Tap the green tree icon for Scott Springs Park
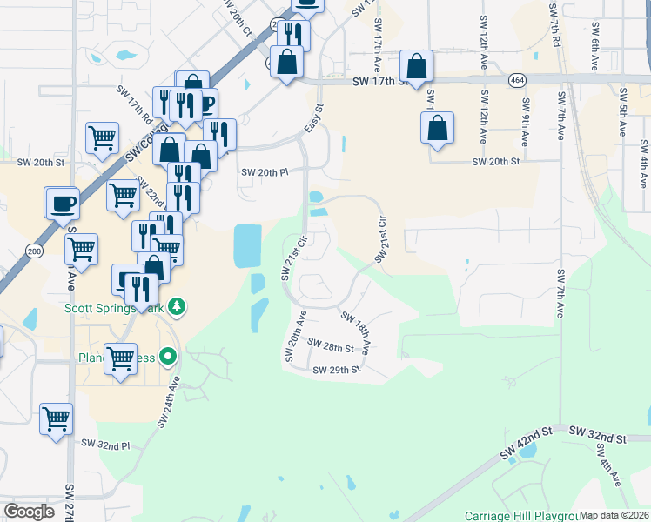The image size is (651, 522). click(x=178, y=306)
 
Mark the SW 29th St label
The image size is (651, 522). click(x=338, y=370)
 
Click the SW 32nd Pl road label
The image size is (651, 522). click(x=105, y=444)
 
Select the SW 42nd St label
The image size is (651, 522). click(x=527, y=443)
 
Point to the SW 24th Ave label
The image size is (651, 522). click(x=169, y=401)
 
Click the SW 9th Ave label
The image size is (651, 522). click(x=525, y=122)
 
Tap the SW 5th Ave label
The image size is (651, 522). click(x=621, y=113)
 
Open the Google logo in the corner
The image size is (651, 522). click(x=29, y=512)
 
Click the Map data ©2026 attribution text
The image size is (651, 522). click(x=614, y=515)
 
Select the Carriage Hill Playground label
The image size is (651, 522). click(x=521, y=514)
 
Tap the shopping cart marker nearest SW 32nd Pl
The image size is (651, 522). click(x=57, y=419)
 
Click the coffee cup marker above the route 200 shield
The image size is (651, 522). click(x=62, y=204)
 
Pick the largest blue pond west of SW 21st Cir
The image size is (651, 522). click(x=247, y=245)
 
